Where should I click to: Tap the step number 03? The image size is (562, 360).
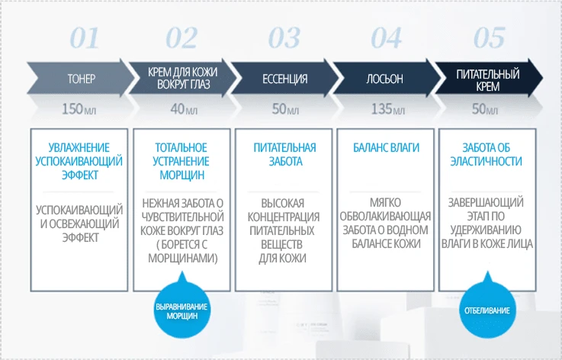pos(284,38)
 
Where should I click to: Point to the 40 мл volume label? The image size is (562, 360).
pos(183,110)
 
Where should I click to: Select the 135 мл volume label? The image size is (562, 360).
pos(387,110)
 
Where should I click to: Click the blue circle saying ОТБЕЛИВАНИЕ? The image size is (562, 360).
pos(487,310)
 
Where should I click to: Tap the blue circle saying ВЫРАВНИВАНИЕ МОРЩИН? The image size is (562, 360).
pos(181,310)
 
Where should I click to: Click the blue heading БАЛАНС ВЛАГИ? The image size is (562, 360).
pos(387,147)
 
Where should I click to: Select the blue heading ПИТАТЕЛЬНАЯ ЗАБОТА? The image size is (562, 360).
pos(284,154)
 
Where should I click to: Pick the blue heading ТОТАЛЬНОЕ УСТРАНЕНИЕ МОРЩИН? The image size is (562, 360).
pos(181,161)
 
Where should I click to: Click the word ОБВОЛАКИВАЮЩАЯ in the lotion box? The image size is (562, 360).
pos(387,217)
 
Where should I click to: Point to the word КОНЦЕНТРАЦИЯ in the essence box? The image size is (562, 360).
pos(284,217)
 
